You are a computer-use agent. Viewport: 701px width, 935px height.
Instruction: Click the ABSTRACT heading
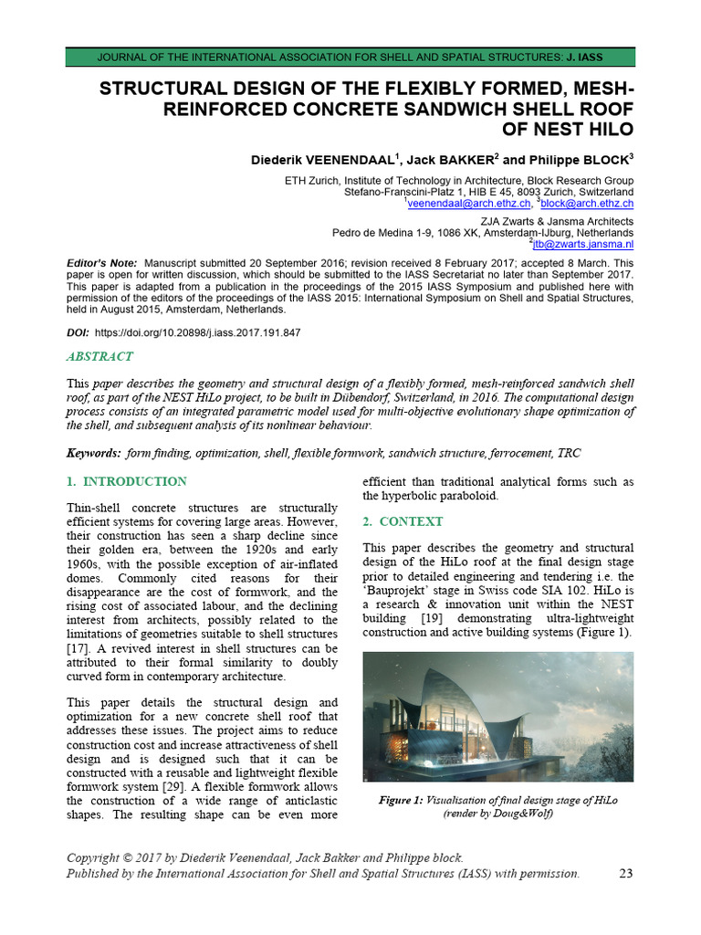point(100,357)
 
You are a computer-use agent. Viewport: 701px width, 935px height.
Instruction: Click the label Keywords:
point(94,454)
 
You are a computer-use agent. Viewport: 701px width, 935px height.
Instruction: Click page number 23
point(626,874)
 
